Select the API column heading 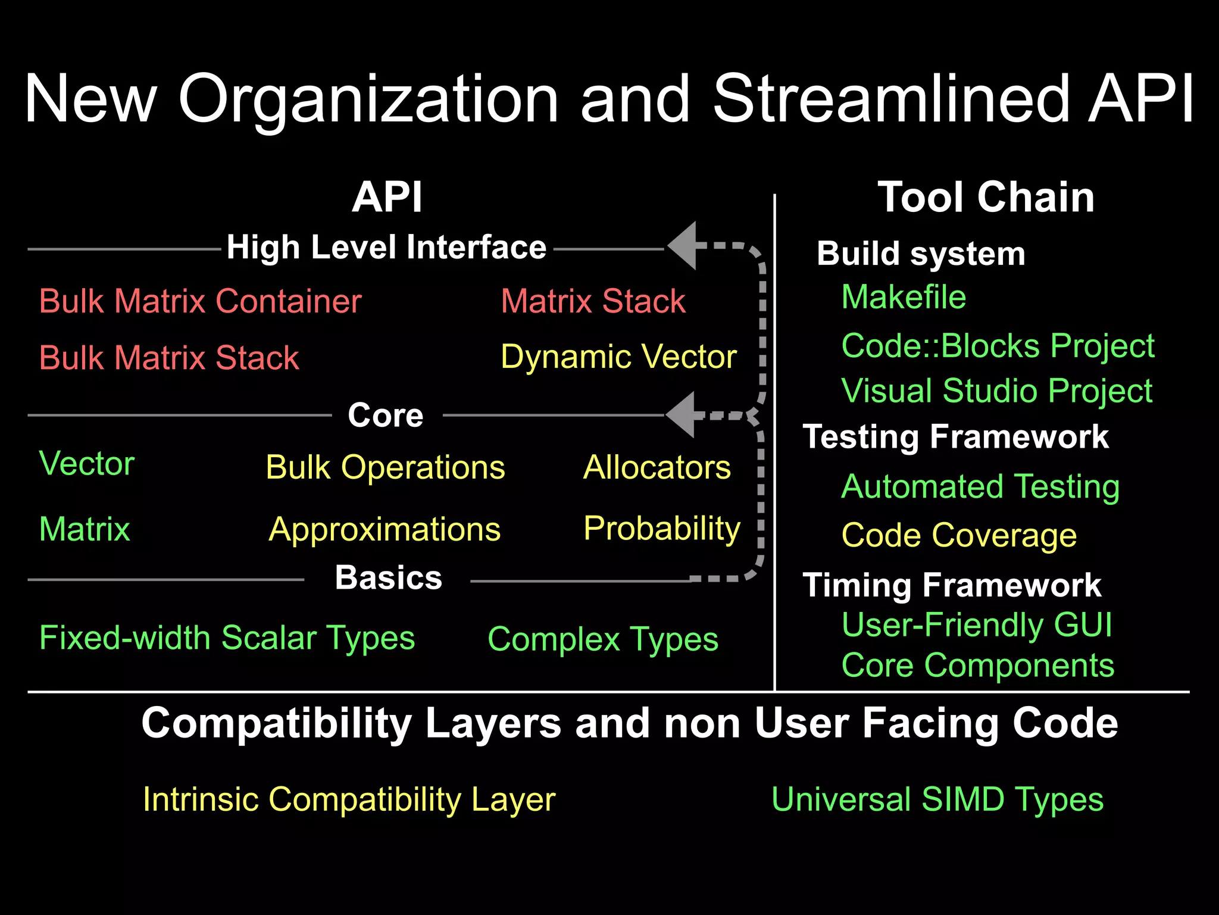(x=387, y=197)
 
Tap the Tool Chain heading (x=986, y=197)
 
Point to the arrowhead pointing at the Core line (x=683, y=415)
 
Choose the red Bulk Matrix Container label (x=200, y=301)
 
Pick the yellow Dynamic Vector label (x=618, y=357)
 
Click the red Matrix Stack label (x=593, y=301)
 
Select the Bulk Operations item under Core (x=385, y=467)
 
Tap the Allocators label (x=657, y=467)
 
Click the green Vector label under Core (x=87, y=464)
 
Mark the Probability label (x=662, y=529)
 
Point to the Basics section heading (x=388, y=577)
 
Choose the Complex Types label (x=602, y=640)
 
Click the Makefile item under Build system (x=904, y=297)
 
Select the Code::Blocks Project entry (x=998, y=346)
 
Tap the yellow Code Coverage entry (x=959, y=535)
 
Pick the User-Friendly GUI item (x=977, y=625)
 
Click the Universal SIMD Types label (x=937, y=799)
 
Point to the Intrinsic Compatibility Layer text (x=349, y=799)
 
